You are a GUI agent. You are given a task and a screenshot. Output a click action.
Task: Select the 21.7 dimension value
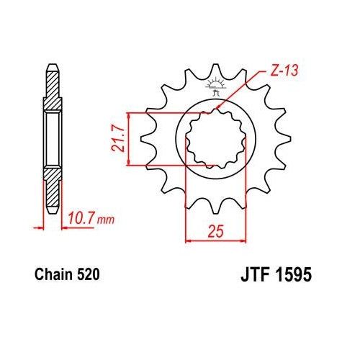click(116, 140)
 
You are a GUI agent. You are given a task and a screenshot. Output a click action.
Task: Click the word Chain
click(52, 274)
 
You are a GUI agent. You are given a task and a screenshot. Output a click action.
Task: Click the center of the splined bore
click(215, 139)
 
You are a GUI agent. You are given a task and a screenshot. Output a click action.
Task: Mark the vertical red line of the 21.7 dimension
click(128, 140)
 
